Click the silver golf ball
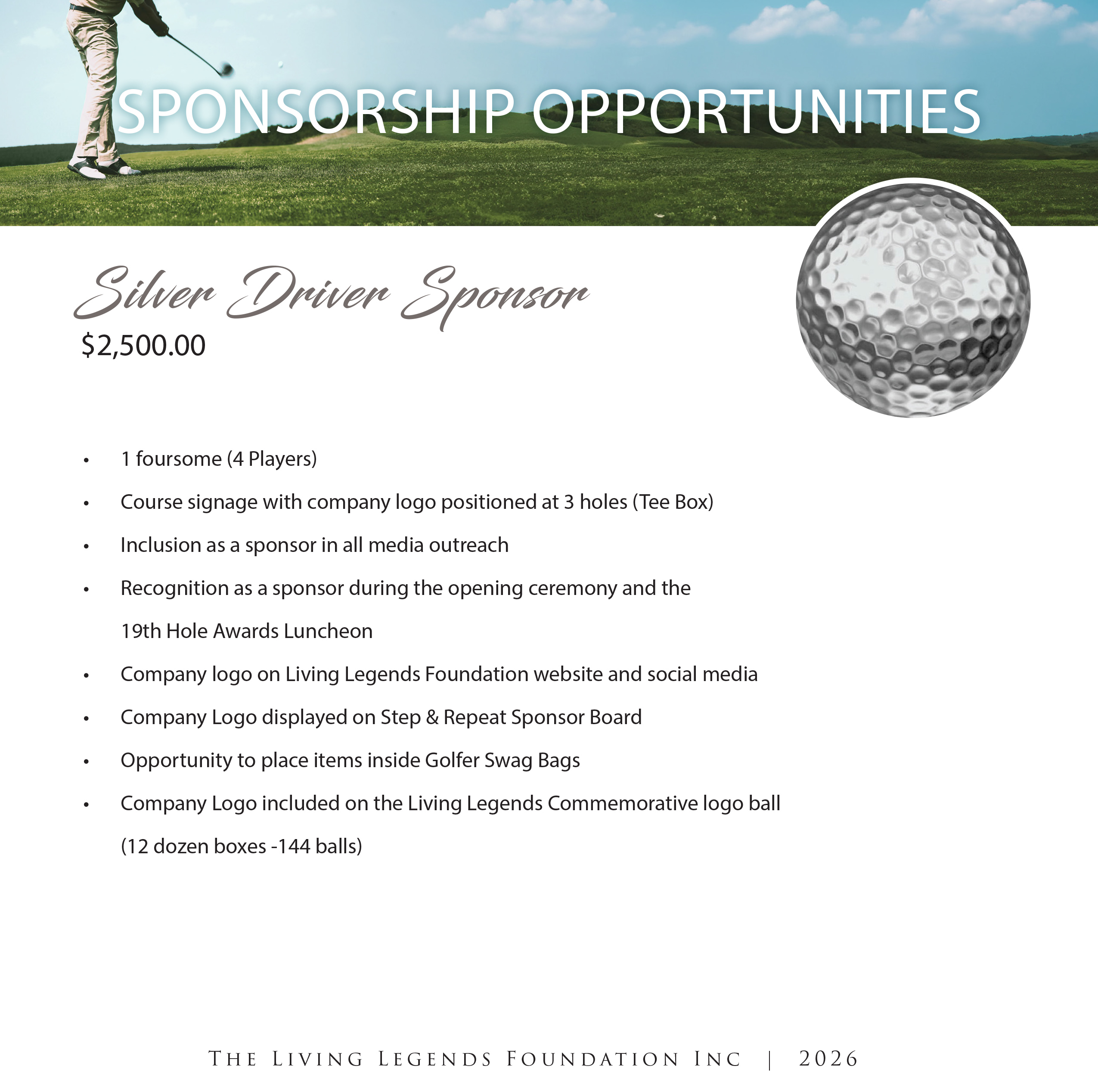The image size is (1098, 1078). click(913, 300)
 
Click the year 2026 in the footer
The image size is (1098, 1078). click(828, 1058)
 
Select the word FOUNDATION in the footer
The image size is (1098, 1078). click(592, 1059)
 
